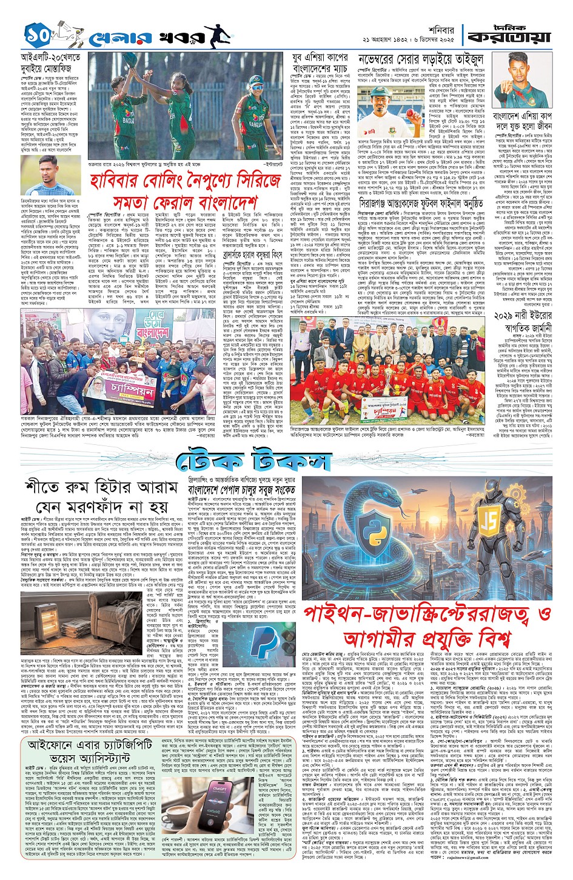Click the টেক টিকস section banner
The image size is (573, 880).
[254, 462]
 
